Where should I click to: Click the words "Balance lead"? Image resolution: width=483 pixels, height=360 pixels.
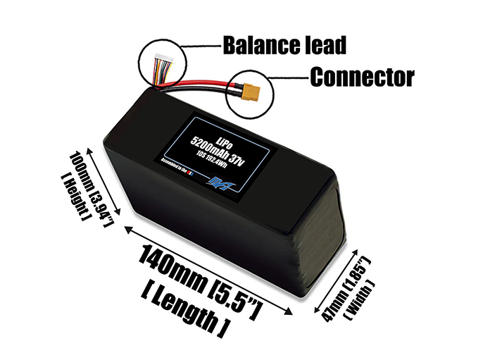(x=284, y=46)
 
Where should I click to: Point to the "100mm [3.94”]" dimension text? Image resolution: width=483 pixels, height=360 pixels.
(x=87, y=183)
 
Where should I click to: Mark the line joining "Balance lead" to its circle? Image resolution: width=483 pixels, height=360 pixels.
(x=201, y=47)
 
